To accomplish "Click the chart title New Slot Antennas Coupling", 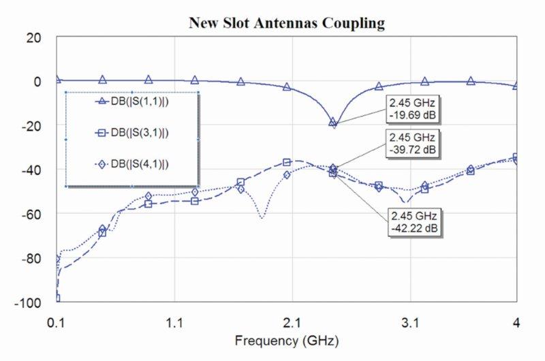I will pyautogui.click(x=286, y=23).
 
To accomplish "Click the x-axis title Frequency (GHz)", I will pyautogui.click(x=286, y=339).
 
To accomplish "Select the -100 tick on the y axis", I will pyautogui.click(x=30, y=302).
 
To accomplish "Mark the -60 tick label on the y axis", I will pyautogui.click(x=32, y=214).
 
